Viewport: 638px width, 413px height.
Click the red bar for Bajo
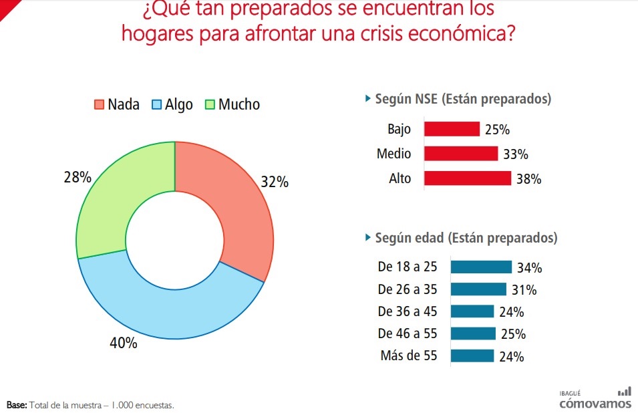click(x=452, y=129)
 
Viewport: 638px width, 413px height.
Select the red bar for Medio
click(x=461, y=154)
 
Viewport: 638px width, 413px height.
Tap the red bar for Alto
click(x=468, y=178)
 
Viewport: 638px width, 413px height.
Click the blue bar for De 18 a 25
click(x=481, y=267)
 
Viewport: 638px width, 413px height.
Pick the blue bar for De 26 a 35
click(x=478, y=289)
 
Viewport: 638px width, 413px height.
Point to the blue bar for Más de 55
click(x=472, y=356)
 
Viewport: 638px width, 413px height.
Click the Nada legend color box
click(x=100, y=104)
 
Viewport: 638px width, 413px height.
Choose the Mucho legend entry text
click(x=238, y=104)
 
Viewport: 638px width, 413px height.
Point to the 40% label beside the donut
click(x=124, y=343)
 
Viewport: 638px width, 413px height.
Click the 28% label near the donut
click(x=77, y=178)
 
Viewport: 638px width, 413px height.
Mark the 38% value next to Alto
click(x=528, y=179)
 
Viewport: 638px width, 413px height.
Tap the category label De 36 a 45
click(x=407, y=311)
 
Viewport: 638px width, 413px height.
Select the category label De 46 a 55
click(x=407, y=333)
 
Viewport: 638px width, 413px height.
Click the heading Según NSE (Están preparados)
click(x=463, y=99)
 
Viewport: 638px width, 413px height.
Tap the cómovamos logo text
click(x=595, y=403)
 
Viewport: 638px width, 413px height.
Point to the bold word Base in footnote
click(x=16, y=405)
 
